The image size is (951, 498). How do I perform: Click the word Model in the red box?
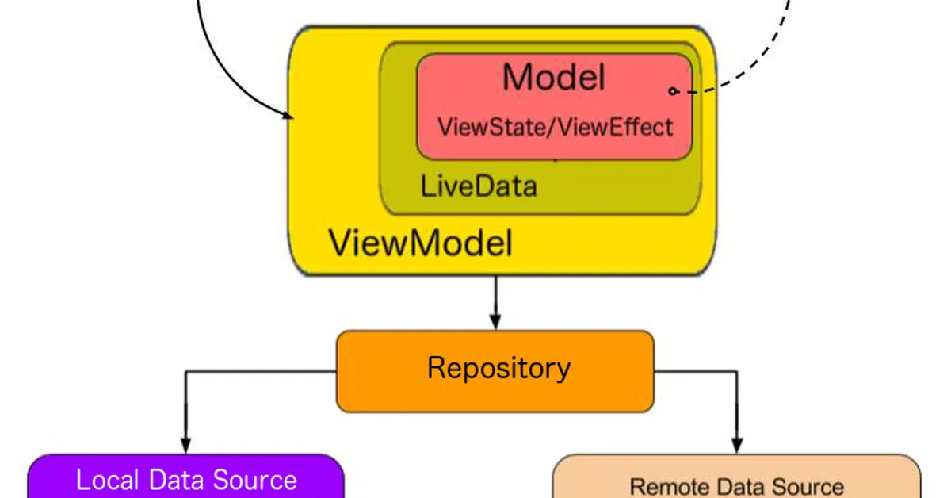(553, 78)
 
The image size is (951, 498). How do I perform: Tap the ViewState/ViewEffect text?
(555, 127)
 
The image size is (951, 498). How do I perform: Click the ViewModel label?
(420, 243)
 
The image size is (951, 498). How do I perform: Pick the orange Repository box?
(496, 370)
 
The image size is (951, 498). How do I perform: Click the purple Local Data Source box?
(186, 479)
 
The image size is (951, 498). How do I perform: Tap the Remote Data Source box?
(736, 479)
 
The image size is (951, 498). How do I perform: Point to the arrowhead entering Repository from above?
(495, 320)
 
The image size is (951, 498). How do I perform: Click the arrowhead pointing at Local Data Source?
(185, 444)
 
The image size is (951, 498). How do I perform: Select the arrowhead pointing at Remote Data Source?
(738, 443)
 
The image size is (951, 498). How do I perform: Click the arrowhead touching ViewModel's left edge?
(287, 116)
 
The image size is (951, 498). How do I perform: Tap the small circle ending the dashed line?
(673, 91)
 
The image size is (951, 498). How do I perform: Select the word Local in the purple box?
(105, 480)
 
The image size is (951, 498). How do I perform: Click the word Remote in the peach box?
(665, 486)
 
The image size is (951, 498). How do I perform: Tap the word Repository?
(498, 368)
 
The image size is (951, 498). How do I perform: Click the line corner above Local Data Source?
(185, 371)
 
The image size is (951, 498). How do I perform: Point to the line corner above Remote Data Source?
(738, 371)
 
